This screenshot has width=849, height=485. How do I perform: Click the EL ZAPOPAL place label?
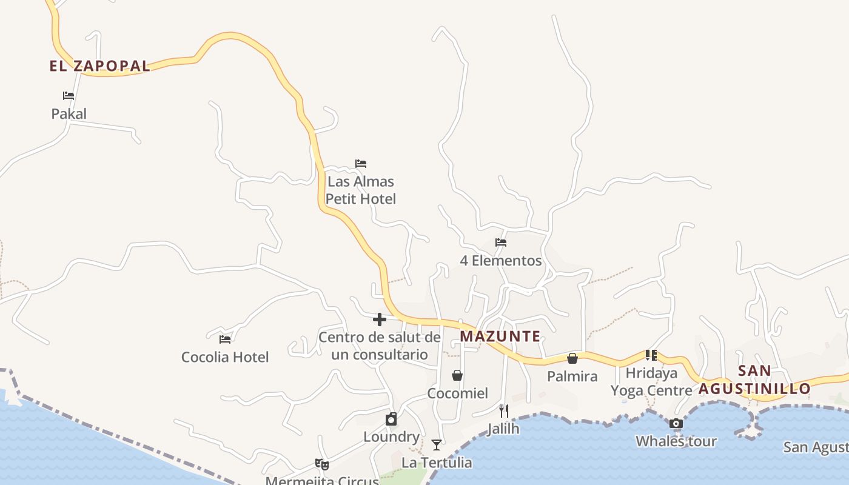click(99, 66)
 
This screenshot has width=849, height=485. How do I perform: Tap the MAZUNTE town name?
click(500, 336)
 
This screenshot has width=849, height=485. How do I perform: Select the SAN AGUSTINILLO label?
click(754, 380)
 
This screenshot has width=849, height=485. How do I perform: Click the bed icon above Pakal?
click(69, 96)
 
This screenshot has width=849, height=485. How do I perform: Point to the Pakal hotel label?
click(69, 114)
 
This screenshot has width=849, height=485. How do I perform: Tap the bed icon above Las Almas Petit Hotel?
click(361, 164)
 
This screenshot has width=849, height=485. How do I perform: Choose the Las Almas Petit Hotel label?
click(361, 190)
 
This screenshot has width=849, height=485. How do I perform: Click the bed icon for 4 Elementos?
click(501, 242)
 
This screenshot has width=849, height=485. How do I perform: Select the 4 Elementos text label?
click(501, 261)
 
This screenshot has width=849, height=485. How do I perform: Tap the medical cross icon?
click(380, 319)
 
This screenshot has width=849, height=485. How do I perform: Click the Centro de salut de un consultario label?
click(380, 346)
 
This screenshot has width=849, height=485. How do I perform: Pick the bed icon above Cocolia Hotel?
click(225, 339)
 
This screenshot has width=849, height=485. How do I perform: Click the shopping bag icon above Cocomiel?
click(457, 375)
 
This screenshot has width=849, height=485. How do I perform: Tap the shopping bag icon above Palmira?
click(572, 358)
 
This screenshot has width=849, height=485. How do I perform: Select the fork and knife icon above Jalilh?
click(503, 411)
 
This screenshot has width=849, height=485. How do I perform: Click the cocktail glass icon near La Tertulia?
click(437, 445)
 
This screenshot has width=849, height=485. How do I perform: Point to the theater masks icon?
click(322, 464)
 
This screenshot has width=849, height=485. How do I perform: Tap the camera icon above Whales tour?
click(676, 423)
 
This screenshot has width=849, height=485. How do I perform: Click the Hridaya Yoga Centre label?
click(651, 381)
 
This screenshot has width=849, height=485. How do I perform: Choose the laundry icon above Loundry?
click(391, 419)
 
